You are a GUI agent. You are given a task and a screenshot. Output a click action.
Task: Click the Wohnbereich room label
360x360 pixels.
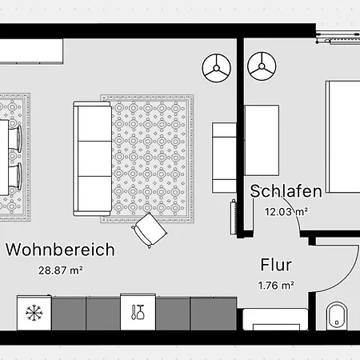pos(60,250)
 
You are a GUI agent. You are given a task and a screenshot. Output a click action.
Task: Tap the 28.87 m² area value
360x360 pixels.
pos(61,270)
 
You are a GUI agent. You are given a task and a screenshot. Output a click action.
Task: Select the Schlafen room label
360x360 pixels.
pos(286,191)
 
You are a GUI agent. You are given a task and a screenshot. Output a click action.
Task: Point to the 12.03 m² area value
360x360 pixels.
pos(286,212)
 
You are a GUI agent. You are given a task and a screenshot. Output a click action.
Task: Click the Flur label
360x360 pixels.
pos(276,265)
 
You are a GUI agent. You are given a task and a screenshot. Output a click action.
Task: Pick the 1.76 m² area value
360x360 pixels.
pos(276,286)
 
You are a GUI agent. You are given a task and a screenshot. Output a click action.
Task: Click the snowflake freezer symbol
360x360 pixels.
pos(34,313)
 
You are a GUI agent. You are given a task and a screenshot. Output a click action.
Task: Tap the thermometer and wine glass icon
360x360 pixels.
pos(138,312)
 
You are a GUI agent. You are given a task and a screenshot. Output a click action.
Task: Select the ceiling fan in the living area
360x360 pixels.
pos(216,68)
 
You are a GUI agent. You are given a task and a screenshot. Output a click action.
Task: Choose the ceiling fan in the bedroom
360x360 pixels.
pos(262,66)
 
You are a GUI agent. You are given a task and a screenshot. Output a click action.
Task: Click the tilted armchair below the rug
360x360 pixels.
pos(150,230)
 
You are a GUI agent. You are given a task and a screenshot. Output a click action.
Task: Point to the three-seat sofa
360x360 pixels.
pos(93,158)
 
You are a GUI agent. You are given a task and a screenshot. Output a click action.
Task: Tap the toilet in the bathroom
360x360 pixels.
pos(337,316)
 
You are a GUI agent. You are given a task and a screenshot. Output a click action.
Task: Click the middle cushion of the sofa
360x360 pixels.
pos(94,158)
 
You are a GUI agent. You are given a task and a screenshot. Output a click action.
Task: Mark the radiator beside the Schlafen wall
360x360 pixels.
pos(234,217)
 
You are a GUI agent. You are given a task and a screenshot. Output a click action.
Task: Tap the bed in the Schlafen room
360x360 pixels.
pos(342,137)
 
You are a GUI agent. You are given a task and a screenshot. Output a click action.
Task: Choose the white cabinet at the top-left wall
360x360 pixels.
pos(31,51)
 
